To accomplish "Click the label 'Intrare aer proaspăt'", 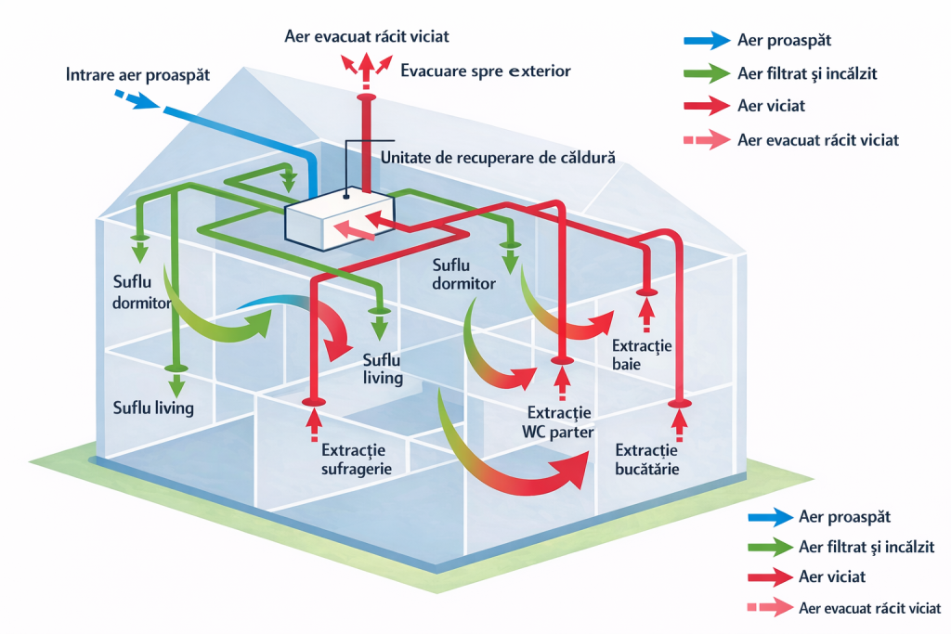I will click(137, 73).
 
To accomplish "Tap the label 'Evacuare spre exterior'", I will click(485, 71).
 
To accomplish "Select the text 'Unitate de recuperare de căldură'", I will click(498, 158).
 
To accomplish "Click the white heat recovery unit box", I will click(337, 220).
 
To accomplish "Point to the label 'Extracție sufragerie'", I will click(356, 459).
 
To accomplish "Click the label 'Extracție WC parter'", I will click(559, 421).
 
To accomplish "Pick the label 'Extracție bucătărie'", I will click(647, 459).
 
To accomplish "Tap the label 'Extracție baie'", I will click(641, 355).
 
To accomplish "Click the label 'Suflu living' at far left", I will click(153, 408).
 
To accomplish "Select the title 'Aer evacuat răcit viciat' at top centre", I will click(368, 36).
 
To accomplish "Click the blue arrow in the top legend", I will click(705, 40).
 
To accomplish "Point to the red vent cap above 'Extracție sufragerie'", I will click(312, 401).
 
